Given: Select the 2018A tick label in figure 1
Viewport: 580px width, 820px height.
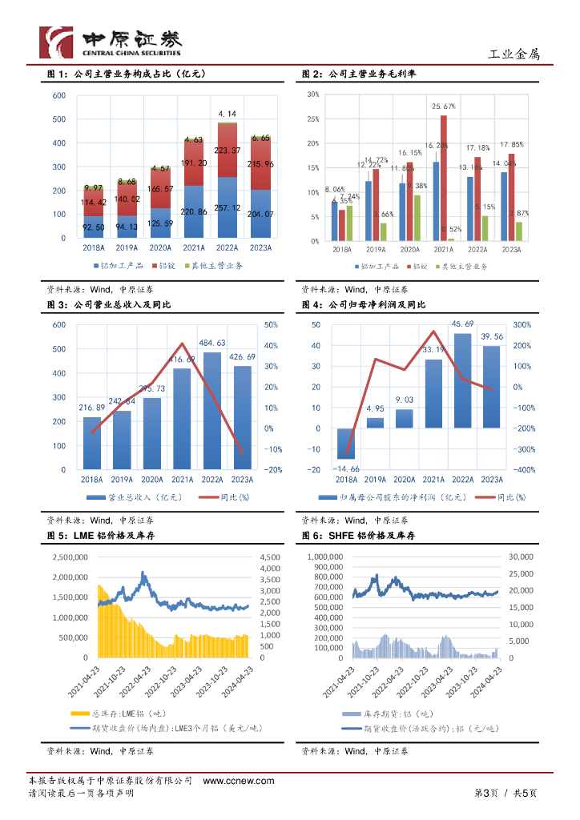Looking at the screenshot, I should tap(94, 249).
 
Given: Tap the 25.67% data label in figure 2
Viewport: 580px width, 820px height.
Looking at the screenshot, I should tap(443, 107).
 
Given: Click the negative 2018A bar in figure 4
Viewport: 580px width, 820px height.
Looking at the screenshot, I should tap(346, 443).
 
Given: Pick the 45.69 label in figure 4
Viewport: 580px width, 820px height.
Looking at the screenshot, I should tap(463, 324).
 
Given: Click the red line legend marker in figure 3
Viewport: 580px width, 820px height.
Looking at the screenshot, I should tap(209, 497).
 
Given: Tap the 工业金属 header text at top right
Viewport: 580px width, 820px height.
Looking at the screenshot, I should tap(514, 54).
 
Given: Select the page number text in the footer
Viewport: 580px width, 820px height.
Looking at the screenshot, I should tap(506, 793).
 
